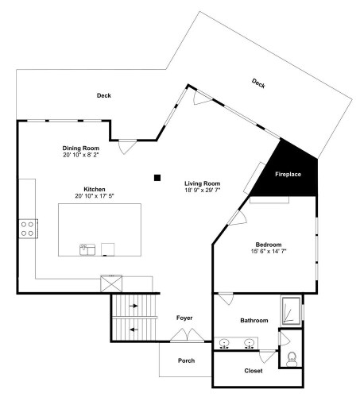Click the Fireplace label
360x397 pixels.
point(288,174)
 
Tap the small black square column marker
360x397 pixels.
point(157,178)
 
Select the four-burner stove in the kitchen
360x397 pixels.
point(28,229)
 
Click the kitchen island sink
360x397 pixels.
point(87,249)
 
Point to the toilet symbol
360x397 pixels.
point(292,359)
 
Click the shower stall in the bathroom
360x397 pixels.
point(292,311)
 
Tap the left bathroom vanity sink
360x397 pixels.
point(224,343)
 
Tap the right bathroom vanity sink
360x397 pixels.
point(249,343)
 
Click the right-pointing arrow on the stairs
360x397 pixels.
point(134,306)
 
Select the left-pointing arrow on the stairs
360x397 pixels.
point(134,330)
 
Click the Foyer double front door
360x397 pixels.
point(187,335)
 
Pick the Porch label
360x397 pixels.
point(187,360)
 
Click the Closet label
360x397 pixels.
point(254,371)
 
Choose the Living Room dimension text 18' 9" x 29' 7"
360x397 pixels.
point(203,190)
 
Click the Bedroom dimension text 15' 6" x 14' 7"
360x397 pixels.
point(269,251)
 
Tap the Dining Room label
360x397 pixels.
point(81,148)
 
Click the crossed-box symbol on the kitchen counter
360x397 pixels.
point(111,283)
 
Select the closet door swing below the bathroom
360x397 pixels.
point(268,357)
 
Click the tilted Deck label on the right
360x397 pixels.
point(258,83)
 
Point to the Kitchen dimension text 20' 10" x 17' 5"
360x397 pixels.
point(95,196)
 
